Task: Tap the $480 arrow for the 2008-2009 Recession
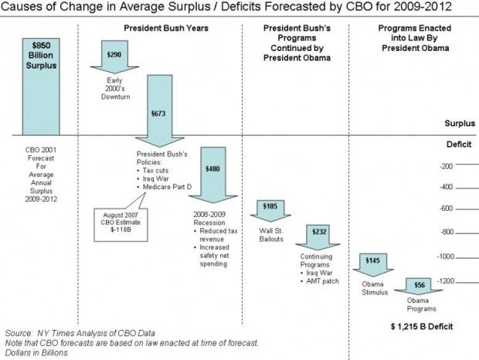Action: [x=212, y=169]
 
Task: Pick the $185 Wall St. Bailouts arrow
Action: [x=270, y=207]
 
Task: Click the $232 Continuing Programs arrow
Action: [x=318, y=231]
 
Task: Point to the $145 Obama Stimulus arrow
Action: [x=372, y=262]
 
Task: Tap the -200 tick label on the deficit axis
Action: [x=445, y=166]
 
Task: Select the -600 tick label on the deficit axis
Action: [x=445, y=209]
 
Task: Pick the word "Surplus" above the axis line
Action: [x=460, y=124]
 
